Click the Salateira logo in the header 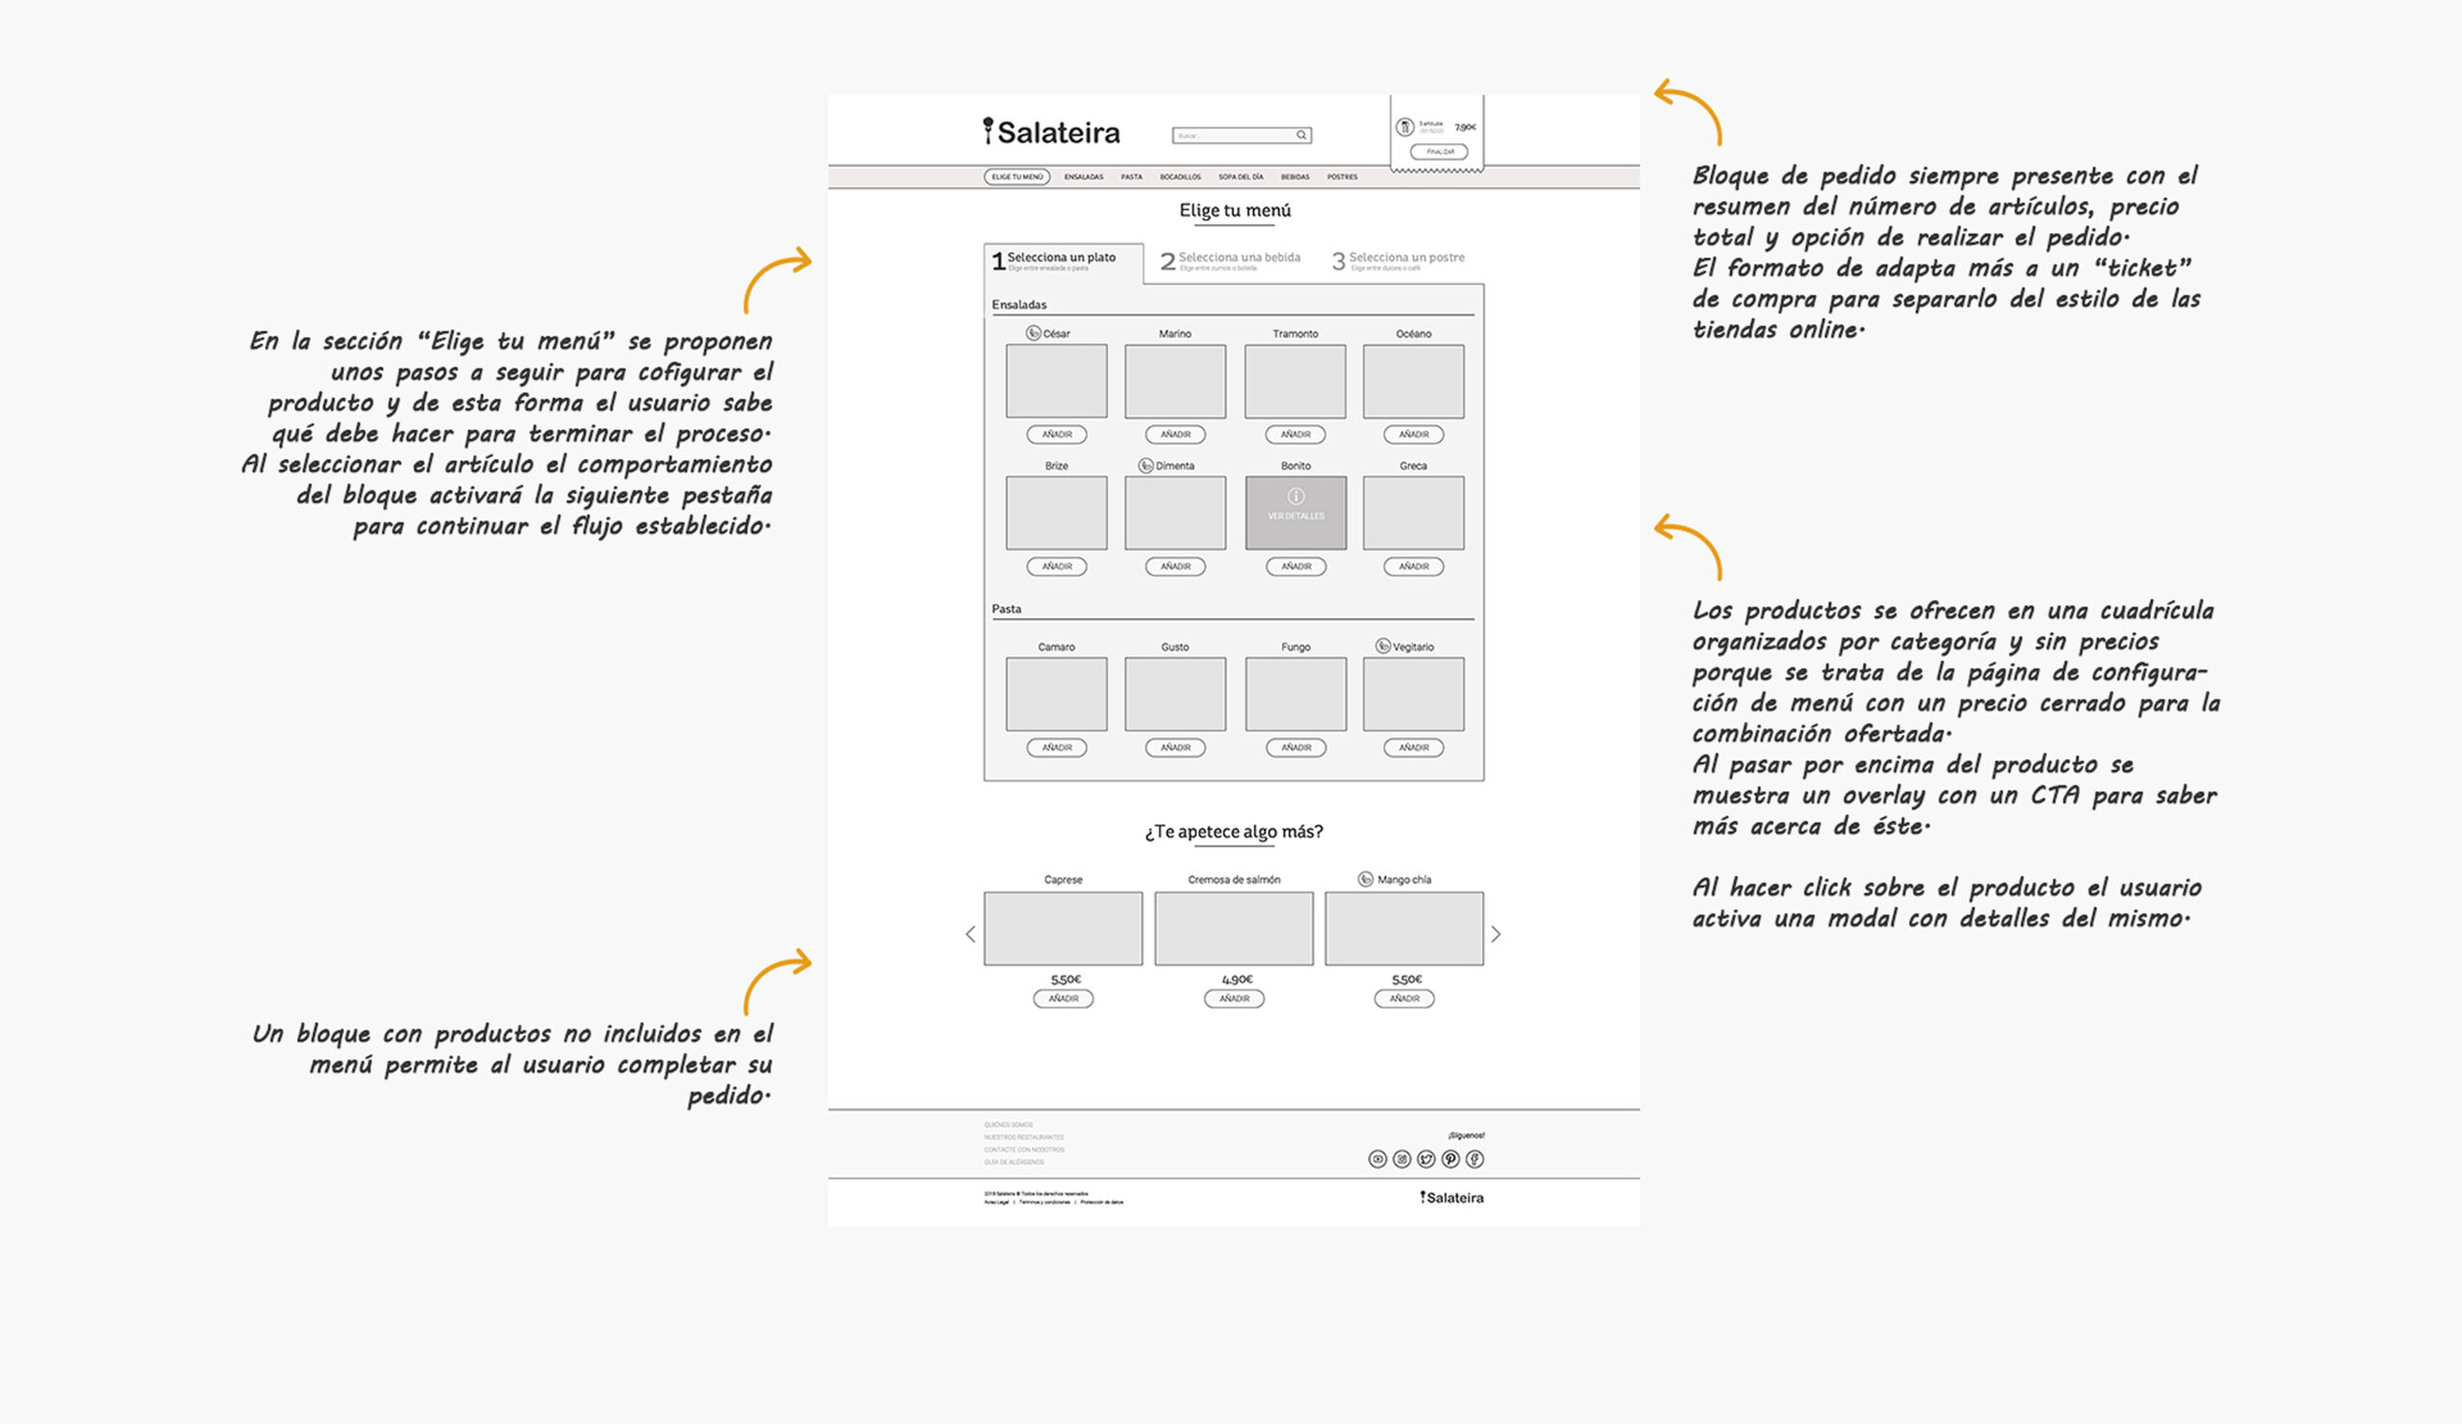[1051, 132]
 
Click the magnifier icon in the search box [1301, 135]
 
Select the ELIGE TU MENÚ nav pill [1017, 177]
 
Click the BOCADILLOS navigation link [1180, 177]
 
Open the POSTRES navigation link [1342, 177]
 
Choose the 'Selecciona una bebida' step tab [1231, 260]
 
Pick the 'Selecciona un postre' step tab [1399, 260]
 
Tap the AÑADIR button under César [1056, 434]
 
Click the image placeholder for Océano [1413, 381]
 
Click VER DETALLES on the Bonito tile [1295, 514]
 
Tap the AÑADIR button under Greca [1413, 566]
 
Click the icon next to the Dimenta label [1146, 466]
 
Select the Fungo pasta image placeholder [1295, 694]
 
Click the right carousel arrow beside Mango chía [1495, 934]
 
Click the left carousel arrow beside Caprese [970, 934]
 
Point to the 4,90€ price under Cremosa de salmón [1236, 979]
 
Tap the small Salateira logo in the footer [1452, 1197]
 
